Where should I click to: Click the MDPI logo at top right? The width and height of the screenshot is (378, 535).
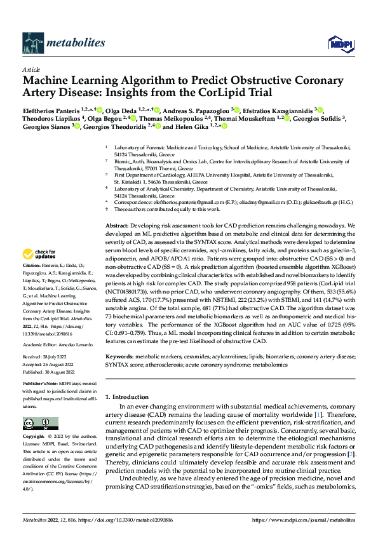[x=339, y=43]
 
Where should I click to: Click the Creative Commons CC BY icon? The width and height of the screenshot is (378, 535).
[x=36, y=423]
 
